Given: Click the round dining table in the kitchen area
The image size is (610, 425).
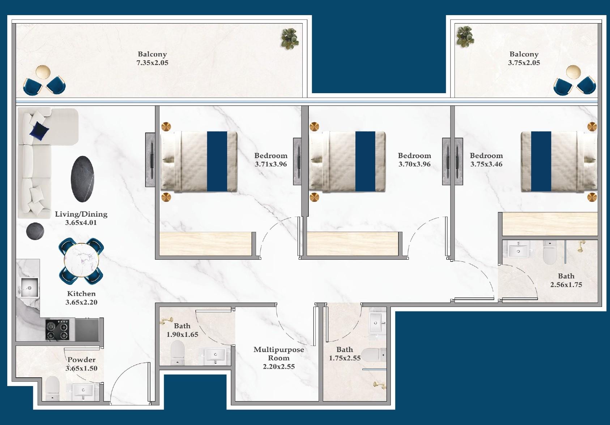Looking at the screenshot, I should pos(81,260).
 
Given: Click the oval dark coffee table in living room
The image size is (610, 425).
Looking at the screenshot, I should pos(82,179).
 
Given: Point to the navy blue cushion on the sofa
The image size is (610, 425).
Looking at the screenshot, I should pos(39,130).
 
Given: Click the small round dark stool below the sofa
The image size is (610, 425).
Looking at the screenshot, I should pos(35,231).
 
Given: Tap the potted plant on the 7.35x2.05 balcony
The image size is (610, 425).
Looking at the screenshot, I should pos(290,38).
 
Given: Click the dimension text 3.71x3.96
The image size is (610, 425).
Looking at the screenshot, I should pos(271,164).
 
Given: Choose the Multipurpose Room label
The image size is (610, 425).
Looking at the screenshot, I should pos(278,354).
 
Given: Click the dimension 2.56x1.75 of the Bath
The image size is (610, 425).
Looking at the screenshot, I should pos(566,285).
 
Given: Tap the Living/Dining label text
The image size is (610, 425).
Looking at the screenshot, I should pos(81,214).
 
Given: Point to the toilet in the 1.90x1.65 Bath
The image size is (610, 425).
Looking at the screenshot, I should pos(177,353).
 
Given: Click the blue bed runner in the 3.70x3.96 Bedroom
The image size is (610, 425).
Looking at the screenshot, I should pos(365,161).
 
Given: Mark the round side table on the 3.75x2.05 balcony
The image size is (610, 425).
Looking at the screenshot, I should pos(573,72).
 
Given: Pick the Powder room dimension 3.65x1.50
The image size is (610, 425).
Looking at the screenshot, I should pos(81,368).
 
